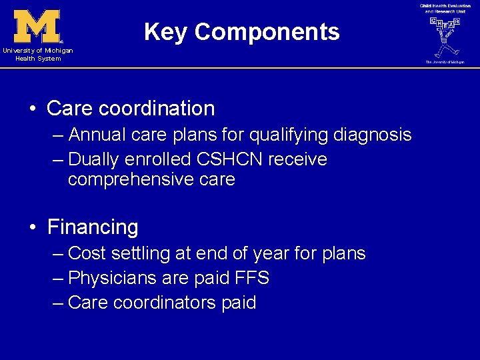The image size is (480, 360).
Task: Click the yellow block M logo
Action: click(x=37, y=26)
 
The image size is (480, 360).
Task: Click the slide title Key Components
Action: click(x=241, y=32)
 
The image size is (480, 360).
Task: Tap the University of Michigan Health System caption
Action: click(x=37, y=55)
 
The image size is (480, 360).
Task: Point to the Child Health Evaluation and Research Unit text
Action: click(x=445, y=9)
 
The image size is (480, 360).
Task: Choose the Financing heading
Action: click(x=93, y=227)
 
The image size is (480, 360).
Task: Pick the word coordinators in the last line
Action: click(x=165, y=303)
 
